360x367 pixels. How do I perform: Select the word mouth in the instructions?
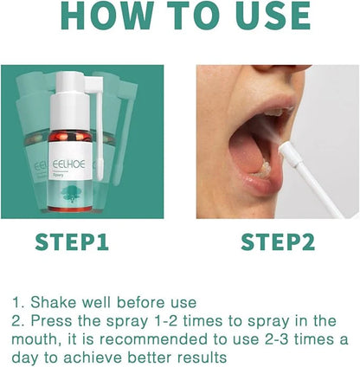[x=35, y=338]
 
